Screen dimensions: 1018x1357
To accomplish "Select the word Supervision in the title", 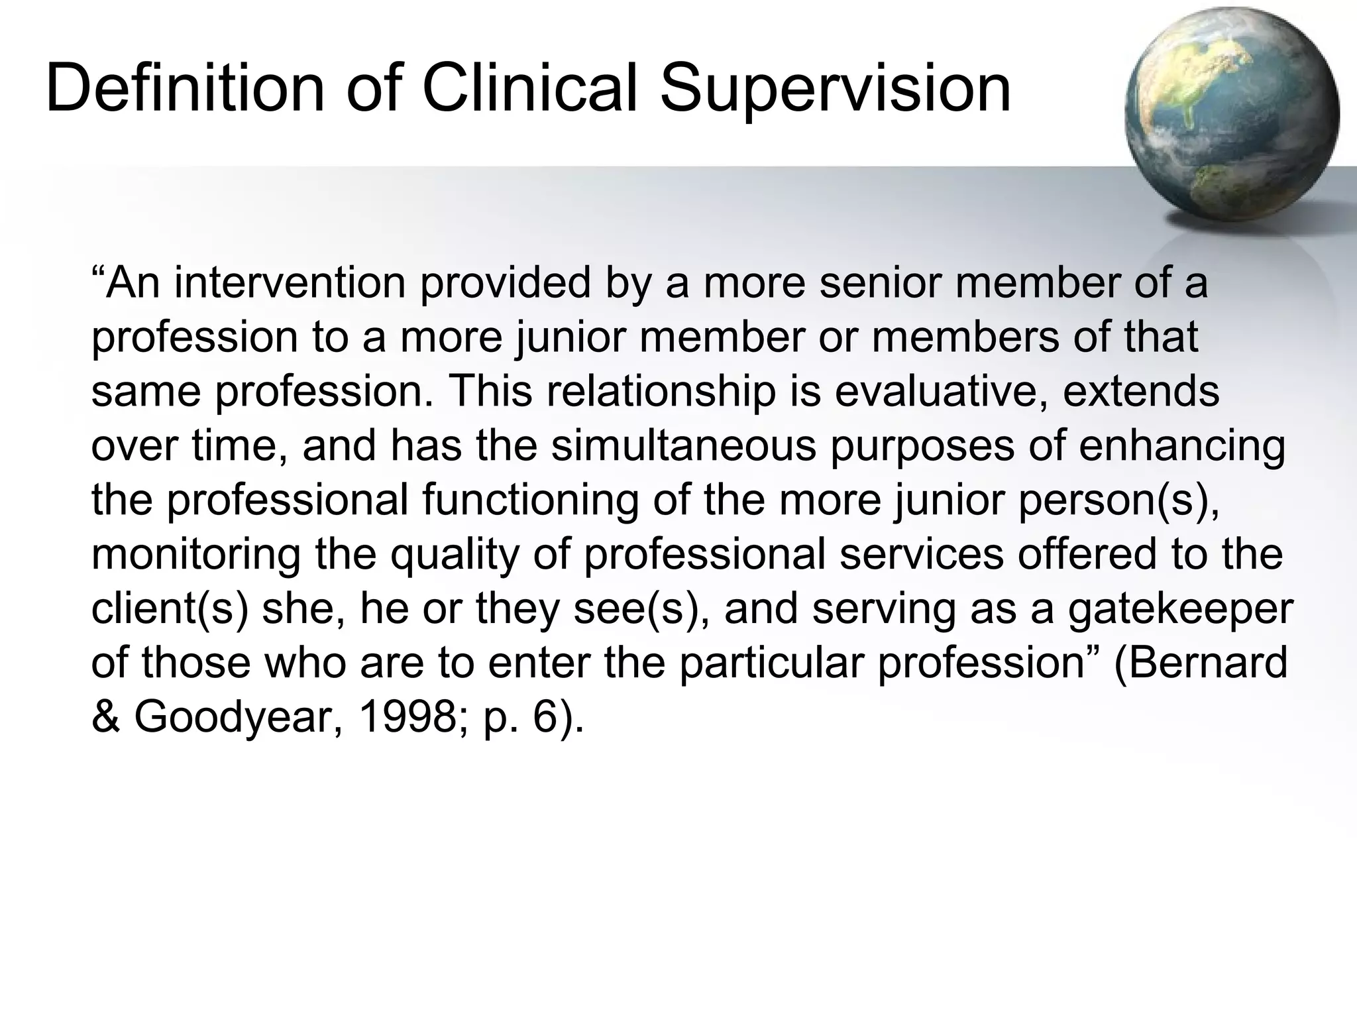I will coord(836,88).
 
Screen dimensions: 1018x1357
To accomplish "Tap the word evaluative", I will coord(942,391).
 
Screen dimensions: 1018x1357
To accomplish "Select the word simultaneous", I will coord(683,445).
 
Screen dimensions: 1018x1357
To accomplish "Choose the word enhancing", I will coord(1182,445).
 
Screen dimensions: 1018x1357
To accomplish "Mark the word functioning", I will coord(530,500).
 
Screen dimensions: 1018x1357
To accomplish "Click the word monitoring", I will coord(195,554).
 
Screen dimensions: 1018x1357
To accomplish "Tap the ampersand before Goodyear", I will coord(105,717).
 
